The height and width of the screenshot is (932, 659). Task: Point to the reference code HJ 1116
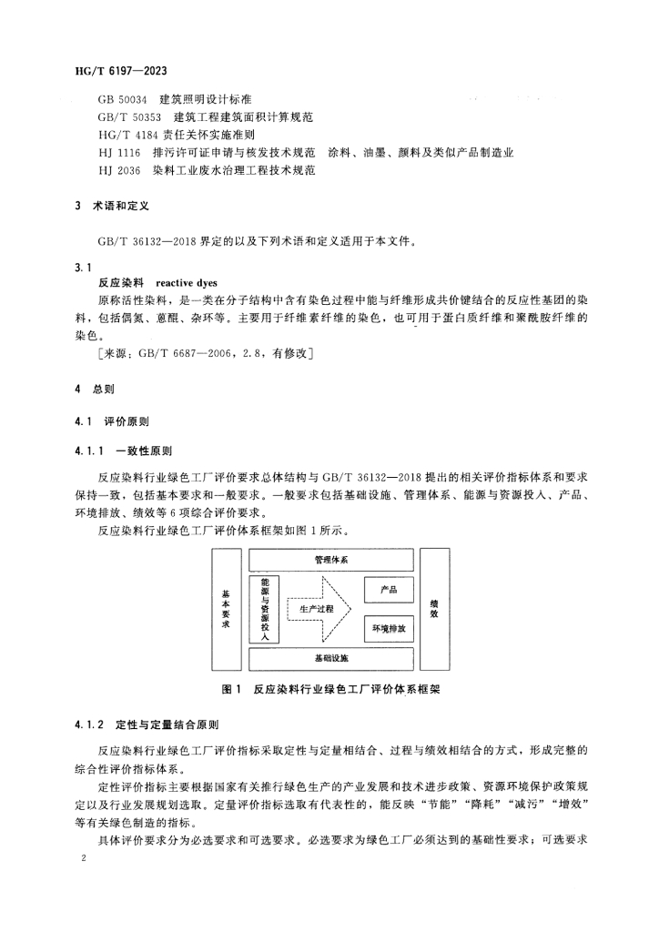pyautogui.click(x=120, y=152)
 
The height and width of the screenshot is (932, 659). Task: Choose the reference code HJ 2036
pyautogui.click(x=120, y=169)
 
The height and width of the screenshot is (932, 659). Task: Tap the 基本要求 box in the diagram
pyautogui.click(x=227, y=608)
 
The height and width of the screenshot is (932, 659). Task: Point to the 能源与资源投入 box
pyautogui.click(x=264, y=608)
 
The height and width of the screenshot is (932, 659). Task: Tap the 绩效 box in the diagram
pyautogui.click(x=434, y=608)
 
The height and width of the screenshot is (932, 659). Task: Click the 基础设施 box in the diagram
pyautogui.click(x=330, y=657)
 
